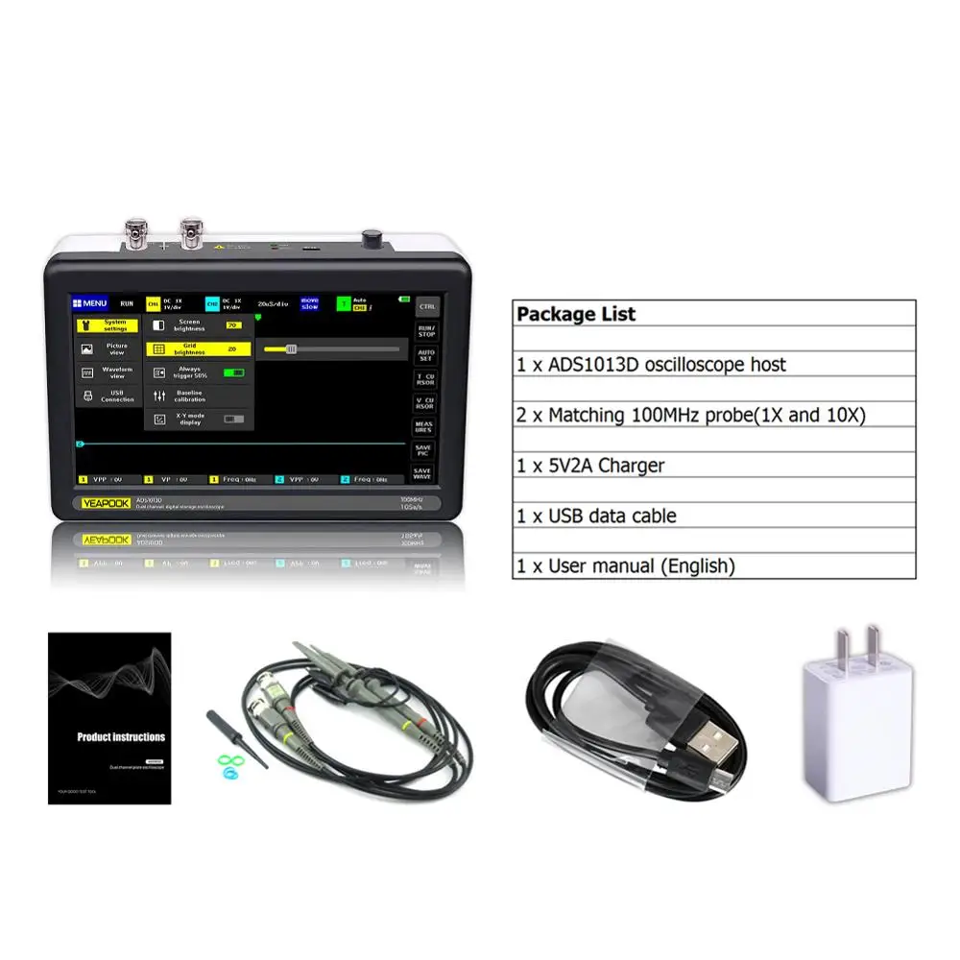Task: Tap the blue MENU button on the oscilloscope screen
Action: click(91, 303)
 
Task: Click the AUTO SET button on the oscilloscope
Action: click(425, 355)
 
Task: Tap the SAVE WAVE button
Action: click(423, 473)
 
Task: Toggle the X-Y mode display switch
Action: click(233, 419)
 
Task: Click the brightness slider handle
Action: click(291, 349)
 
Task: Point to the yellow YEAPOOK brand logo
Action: click(105, 501)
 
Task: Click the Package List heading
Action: click(576, 314)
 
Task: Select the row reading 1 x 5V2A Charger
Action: click(590, 466)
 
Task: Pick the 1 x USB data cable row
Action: click(596, 516)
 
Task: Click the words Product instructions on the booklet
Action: click(121, 737)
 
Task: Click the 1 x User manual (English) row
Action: click(626, 565)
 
